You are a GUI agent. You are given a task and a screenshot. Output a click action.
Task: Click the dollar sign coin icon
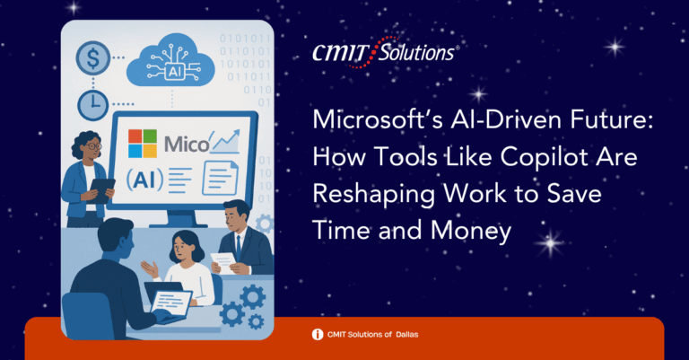(92, 57)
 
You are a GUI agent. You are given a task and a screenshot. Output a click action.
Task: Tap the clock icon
(92, 105)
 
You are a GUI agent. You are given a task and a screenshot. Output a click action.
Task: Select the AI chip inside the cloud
(174, 71)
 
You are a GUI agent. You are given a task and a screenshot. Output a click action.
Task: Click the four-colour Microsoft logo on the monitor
(143, 144)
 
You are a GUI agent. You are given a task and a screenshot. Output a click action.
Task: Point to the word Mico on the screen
(187, 145)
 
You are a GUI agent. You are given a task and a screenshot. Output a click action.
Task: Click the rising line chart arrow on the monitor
(226, 141)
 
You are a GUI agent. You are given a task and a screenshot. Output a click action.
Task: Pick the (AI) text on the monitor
(144, 179)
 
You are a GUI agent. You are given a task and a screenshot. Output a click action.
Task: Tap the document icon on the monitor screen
(220, 178)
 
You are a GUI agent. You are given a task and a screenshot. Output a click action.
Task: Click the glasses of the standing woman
(94, 146)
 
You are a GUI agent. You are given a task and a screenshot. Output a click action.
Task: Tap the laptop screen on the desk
(171, 302)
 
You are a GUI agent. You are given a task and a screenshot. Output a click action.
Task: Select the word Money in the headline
(471, 232)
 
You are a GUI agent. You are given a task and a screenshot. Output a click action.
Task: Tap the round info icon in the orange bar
(318, 335)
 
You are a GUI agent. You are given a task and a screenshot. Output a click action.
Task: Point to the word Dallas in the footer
(407, 335)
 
